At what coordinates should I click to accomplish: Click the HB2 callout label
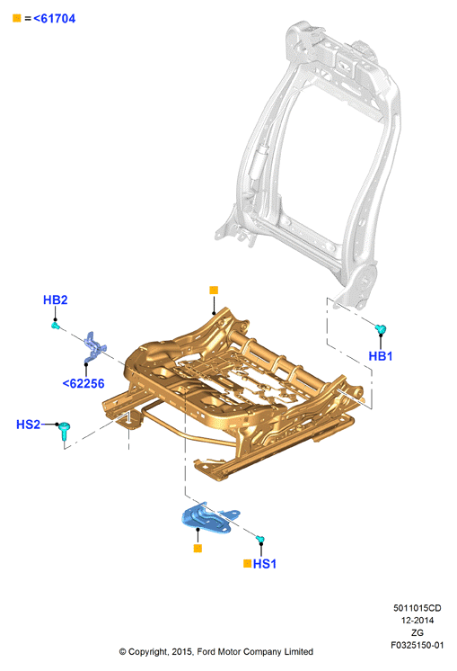coord(55,300)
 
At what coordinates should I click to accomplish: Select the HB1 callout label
coord(380,356)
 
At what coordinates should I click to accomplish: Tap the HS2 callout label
coord(28,425)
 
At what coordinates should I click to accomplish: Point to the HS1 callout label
coord(264,564)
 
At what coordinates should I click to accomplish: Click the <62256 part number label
coord(83,383)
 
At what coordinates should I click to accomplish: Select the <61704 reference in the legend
coord(54,18)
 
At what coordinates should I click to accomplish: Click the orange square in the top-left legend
coord(17,18)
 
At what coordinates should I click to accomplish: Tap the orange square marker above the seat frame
coord(214,291)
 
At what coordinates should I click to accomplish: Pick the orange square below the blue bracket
coord(198,548)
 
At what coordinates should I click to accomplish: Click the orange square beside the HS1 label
coord(247,564)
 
